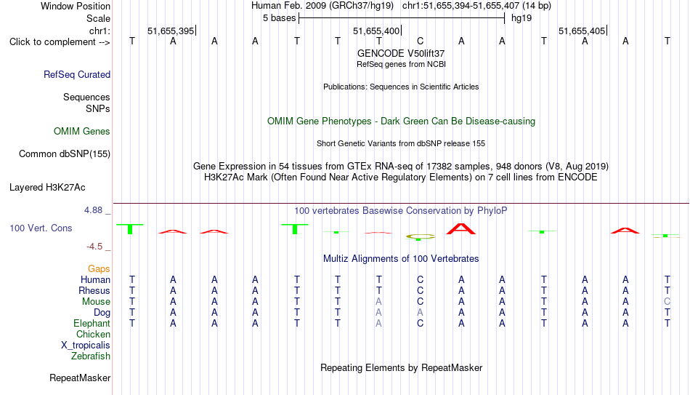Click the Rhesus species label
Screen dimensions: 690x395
(94, 290)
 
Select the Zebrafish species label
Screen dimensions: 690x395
(91, 356)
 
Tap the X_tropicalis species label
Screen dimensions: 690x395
(86, 346)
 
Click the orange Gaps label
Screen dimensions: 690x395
(99, 269)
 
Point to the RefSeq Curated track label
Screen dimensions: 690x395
(77, 74)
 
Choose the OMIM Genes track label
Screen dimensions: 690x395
(82, 132)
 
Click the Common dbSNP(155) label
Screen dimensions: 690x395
(65, 154)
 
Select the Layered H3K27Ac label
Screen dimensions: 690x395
(47, 188)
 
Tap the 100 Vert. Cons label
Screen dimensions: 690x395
(41, 228)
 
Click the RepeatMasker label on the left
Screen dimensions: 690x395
(80, 378)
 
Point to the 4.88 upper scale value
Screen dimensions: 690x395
(93, 210)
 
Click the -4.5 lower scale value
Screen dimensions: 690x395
(94, 247)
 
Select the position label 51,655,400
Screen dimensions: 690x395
(376, 31)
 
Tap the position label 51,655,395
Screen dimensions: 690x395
(171, 31)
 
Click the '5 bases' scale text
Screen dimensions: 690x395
(280, 18)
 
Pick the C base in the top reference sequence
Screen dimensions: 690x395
(421, 41)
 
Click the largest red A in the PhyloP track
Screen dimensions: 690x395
(461, 229)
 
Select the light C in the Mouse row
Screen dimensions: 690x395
(667, 302)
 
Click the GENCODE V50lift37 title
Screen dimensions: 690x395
(401, 53)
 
